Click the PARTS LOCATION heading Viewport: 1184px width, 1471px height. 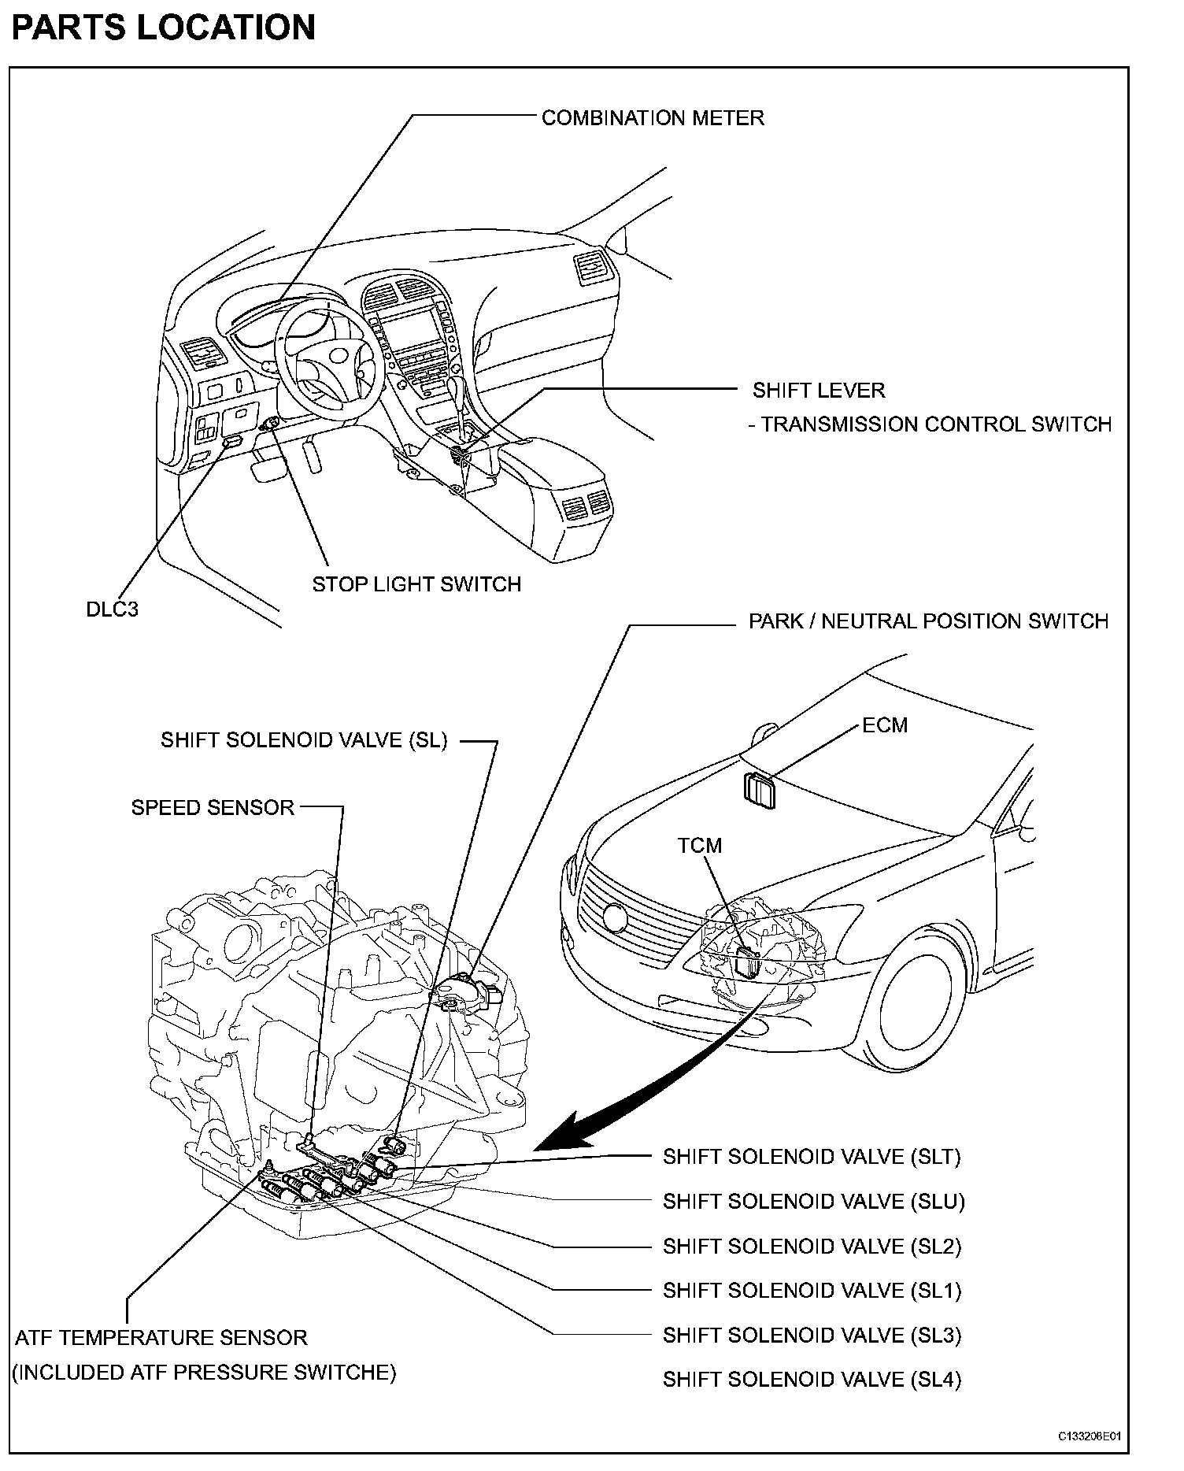pyautogui.click(x=163, y=28)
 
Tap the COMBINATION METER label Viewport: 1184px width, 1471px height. pyautogui.click(x=653, y=118)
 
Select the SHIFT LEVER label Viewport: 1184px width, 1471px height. pyautogui.click(x=819, y=390)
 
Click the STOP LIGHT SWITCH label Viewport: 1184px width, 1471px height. pyautogui.click(x=416, y=584)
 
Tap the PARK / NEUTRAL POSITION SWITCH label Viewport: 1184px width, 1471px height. pyautogui.click(x=928, y=621)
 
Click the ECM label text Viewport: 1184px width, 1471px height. pyautogui.click(x=885, y=724)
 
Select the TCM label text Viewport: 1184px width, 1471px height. pyautogui.click(x=699, y=845)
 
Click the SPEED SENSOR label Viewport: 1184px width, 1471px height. pyautogui.click(x=213, y=807)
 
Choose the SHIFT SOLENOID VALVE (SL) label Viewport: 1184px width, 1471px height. pyautogui.click(x=304, y=740)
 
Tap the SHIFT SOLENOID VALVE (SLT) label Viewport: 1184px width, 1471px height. pyautogui.click(x=812, y=1157)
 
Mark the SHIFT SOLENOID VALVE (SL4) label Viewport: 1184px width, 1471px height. pyautogui.click(x=812, y=1379)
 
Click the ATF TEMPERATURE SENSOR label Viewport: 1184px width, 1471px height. pyautogui.click(x=161, y=1337)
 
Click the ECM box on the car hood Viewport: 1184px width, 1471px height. pyautogui.click(x=760, y=790)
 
